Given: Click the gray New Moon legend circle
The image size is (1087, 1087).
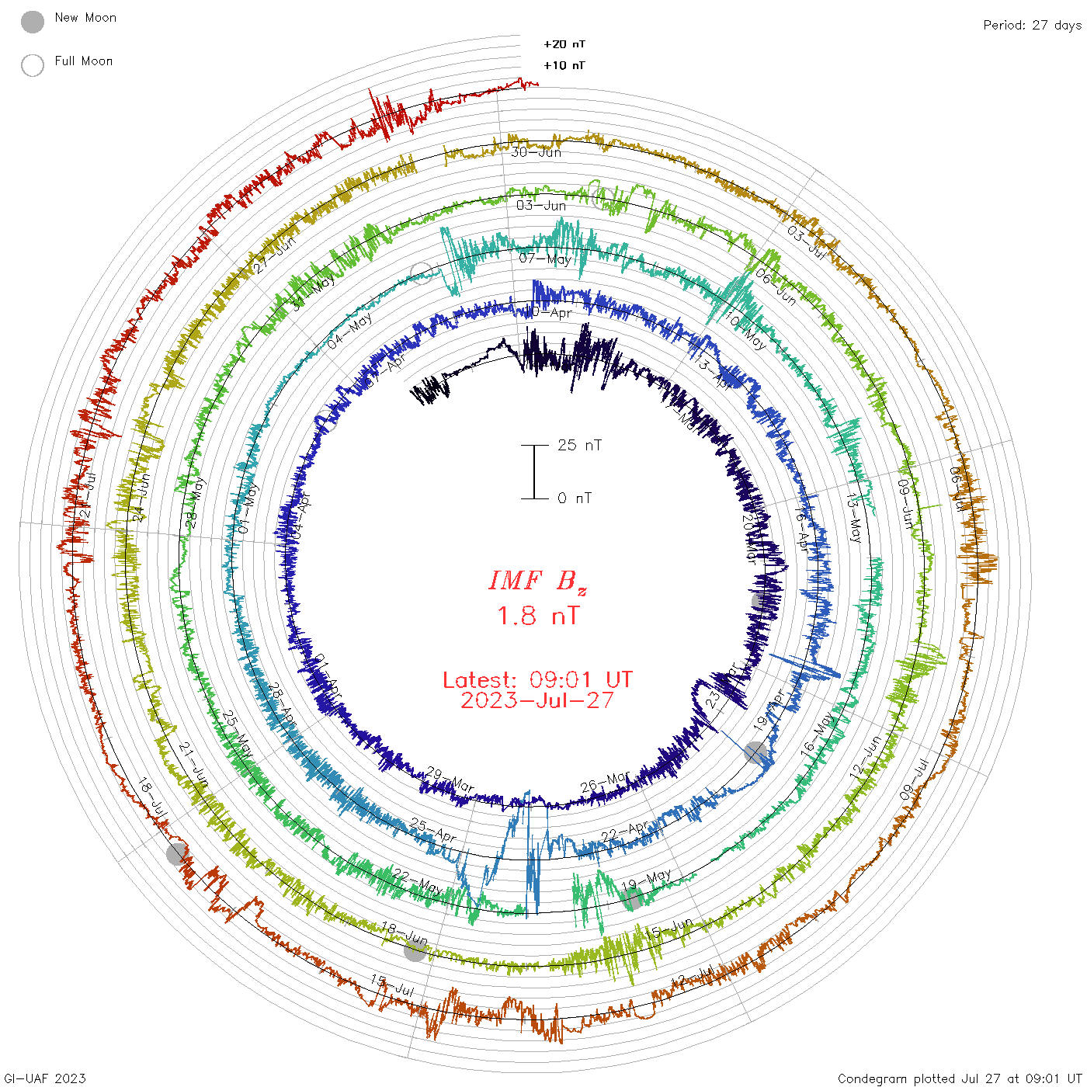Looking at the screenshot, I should (x=33, y=23).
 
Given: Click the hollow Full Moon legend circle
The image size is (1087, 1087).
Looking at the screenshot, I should (x=33, y=65).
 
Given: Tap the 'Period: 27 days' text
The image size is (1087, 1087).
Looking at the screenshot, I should (x=1031, y=25).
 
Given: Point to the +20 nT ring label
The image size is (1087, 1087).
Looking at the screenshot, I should (x=564, y=44).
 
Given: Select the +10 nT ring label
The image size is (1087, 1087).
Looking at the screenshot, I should (x=564, y=65).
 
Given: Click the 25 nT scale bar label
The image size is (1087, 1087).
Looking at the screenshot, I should (x=579, y=445).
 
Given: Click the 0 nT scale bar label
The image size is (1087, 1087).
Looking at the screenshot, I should (x=575, y=498).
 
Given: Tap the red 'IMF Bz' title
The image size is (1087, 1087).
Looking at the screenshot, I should (x=537, y=581).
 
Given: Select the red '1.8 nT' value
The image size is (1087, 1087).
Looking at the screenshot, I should (x=537, y=616).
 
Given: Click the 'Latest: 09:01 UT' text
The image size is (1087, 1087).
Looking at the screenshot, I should (x=537, y=680).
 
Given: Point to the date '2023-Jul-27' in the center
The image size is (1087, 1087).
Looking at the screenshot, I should (x=537, y=700).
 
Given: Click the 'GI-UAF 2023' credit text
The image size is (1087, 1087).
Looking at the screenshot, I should (x=44, y=1078).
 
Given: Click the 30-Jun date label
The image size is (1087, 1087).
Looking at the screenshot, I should (x=536, y=152).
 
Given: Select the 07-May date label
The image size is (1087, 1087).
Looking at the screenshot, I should (x=545, y=259).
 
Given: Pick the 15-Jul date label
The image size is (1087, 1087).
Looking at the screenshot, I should (x=392, y=985).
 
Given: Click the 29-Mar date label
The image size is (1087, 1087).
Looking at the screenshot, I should (x=450, y=780).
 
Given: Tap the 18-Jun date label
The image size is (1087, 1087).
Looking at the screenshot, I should (x=405, y=933).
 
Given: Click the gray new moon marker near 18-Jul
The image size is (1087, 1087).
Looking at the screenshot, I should (x=177, y=853).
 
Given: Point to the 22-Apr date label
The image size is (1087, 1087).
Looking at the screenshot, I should (x=624, y=832).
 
